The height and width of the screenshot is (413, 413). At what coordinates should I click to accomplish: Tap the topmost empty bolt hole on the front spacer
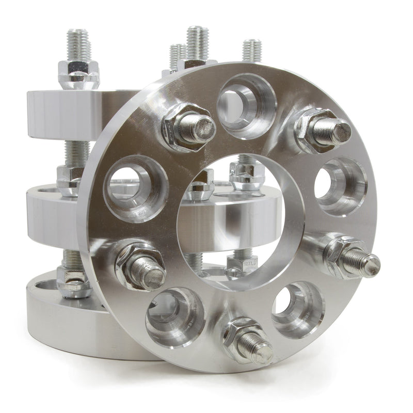click(245, 104)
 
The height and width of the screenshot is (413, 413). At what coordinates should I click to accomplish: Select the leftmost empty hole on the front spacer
click(135, 186)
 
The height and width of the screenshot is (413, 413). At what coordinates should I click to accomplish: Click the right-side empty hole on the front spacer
click(340, 185)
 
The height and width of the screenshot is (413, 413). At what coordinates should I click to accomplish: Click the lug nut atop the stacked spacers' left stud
click(78, 73)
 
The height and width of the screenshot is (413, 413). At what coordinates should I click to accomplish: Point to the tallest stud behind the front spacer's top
click(197, 41)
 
